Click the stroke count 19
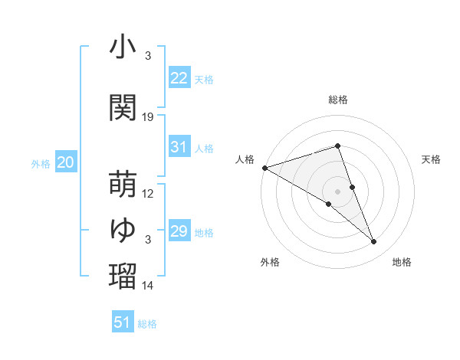149,117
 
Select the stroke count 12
149,194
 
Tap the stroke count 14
149,286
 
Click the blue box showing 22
179,77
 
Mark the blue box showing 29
179,231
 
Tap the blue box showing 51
123,322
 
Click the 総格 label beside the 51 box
147,324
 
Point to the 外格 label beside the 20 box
40,163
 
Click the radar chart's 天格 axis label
432,159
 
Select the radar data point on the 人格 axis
264,167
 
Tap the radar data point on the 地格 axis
374,242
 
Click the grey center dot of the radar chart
338,190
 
